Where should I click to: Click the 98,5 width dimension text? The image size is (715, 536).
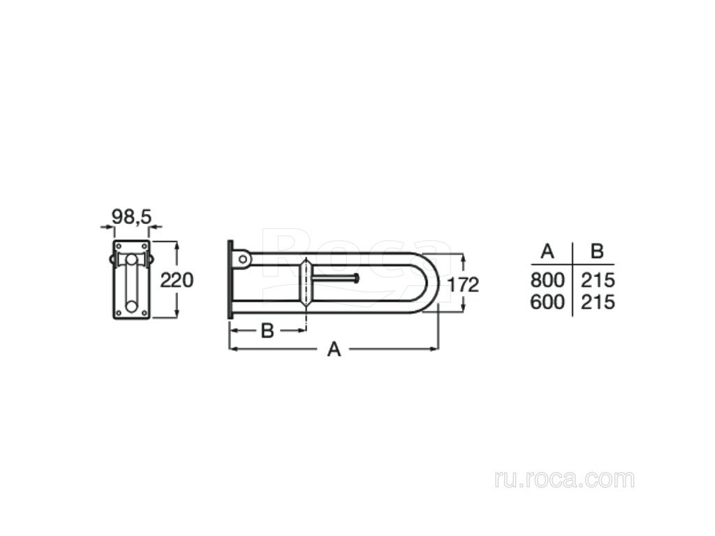click(x=132, y=217)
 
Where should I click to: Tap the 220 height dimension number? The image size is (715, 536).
click(x=177, y=280)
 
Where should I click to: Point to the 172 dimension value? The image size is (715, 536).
click(x=463, y=285)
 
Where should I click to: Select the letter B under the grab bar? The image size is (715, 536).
click(x=267, y=331)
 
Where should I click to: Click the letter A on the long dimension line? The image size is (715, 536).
click(x=334, y=350)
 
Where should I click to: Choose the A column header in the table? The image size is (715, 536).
click(x=547, y=251)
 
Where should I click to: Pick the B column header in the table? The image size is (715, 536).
click(x=597, y=251)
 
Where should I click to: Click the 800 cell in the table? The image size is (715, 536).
click(x=547, y=280)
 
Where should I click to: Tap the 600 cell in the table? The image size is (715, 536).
click(x=547, y=301)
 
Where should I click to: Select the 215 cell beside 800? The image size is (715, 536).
click(x=598, y=280)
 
